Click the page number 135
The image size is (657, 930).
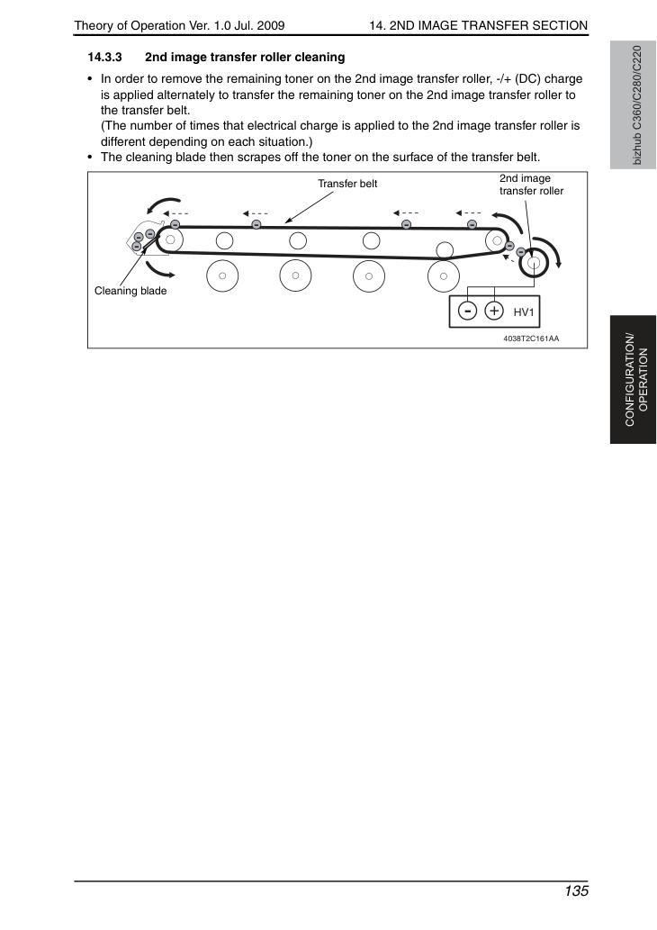[576, 891]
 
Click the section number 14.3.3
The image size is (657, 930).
[105, 58]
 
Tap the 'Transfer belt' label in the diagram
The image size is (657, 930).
[347, 184]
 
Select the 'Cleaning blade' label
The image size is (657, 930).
[130, 291]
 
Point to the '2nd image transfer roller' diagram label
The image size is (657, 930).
[531, 185]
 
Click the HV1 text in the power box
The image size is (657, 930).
[524, 312]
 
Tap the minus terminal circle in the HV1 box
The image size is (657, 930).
[468, 311]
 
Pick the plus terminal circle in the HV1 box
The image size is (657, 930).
[494, 311]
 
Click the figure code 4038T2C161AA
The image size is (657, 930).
[531, 339]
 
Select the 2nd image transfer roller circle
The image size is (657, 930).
[535, 262]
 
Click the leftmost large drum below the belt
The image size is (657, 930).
[222, 275]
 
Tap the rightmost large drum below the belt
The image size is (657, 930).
[444, 275]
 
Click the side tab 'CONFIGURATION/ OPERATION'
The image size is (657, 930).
[636, 380]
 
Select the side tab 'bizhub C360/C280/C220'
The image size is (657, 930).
[636, 105]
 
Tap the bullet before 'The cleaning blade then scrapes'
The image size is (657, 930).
[90, 158]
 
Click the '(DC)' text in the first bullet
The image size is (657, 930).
[527, 79]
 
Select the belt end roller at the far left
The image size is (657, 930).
[170, 239]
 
